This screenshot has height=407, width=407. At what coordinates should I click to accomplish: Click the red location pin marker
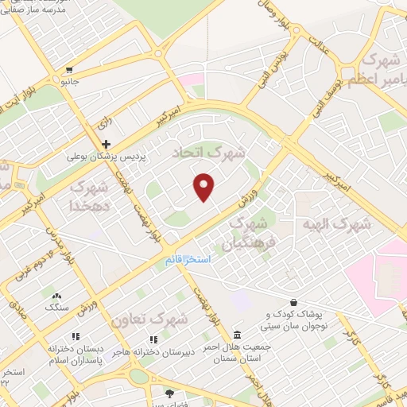click(x=204, y=186)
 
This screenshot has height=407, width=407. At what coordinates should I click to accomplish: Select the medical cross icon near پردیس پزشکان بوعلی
click(x=106, y=144)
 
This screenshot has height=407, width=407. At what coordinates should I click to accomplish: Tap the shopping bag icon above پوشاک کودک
click(x=294, y=302)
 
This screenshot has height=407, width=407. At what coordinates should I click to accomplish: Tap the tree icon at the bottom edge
click(x=169, y=393)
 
